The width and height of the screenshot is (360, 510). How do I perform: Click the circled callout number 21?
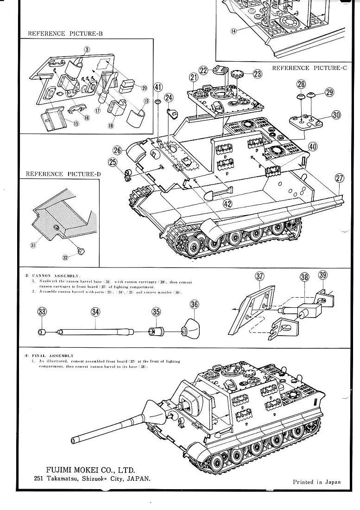tap(194, 77)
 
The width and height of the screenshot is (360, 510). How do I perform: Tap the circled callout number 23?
tap(257, 73)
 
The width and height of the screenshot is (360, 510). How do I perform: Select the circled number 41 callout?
tap(158, 87)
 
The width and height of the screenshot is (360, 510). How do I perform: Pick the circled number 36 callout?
tap(195, 305)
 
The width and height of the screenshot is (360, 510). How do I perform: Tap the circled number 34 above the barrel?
tap(95, 312)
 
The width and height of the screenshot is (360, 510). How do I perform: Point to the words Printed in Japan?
tap(316, 482)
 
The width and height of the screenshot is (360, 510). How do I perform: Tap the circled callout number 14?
tap(233, 31)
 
